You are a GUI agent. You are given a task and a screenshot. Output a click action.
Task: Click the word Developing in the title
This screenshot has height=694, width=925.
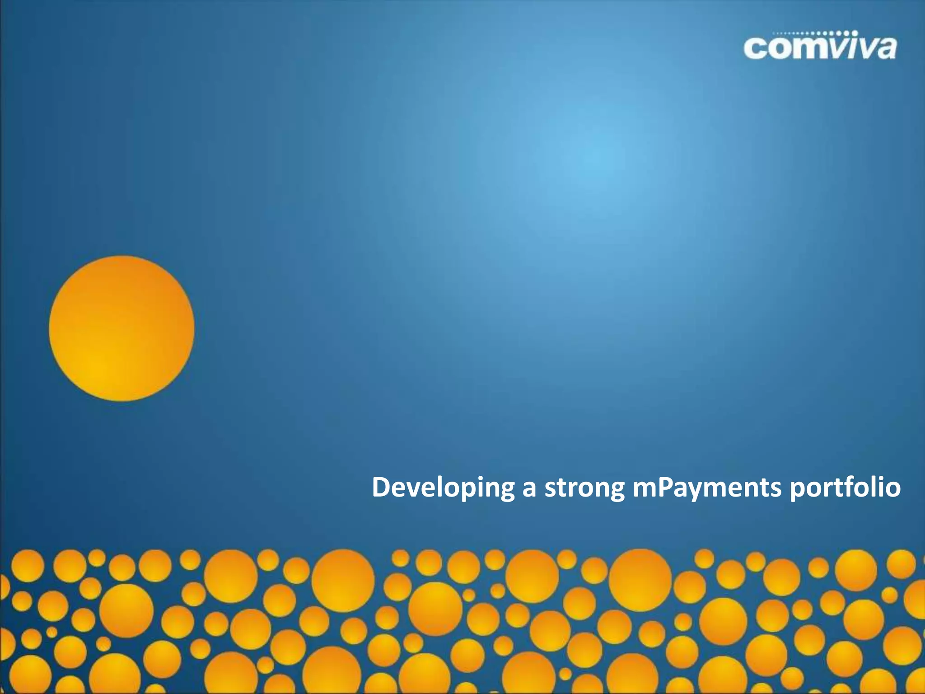point(443,488)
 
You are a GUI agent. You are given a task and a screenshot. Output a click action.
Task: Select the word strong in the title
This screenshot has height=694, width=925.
point(584,488)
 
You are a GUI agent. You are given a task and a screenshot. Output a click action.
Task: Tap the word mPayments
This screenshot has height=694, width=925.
point(707,488)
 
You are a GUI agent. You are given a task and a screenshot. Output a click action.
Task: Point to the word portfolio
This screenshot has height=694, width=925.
point(845,488)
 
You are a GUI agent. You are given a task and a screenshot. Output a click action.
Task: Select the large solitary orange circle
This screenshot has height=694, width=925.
point(121,328)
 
